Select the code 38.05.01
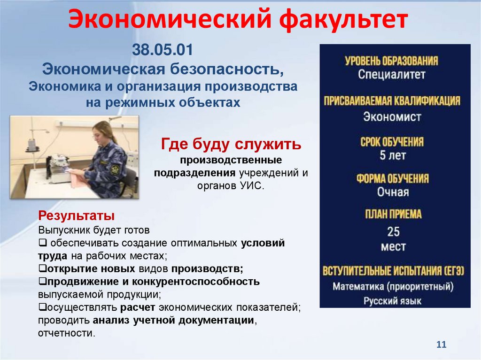click(x=163, y=49)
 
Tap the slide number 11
click(x=441, y=345)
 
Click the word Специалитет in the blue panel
click(x=391, y=75)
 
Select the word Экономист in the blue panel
click(x=392, y=116)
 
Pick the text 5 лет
click(x=393, y=155)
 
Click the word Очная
click(x=393, y=192)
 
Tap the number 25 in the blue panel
click(x=393, y=231)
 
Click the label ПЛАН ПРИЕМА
click(x=393, y=214)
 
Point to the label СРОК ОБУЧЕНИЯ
click(x=392, y=142)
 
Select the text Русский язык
click(x=393, y=301)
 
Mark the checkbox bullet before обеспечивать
click(x=42, y=244)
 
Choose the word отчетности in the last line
click(x=66, y=333)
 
